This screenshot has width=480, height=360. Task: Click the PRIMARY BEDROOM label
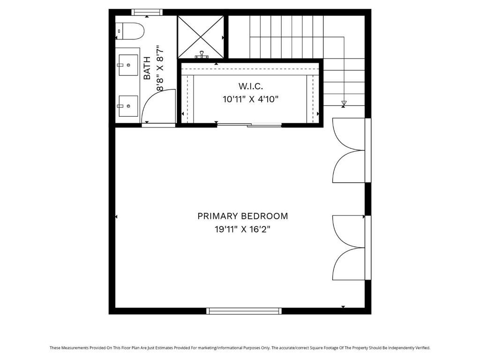pos(242,216)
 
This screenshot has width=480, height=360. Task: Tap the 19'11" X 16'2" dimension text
pos(242,230)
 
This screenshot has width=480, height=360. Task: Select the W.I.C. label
pos(251,86)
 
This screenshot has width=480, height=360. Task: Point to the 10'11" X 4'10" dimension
pos(251,99)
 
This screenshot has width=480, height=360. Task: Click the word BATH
pos(147,68)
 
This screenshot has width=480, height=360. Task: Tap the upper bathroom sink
pos(127,65)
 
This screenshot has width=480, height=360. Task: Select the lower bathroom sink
pos(127,106)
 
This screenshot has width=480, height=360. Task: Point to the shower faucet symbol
pos(202,55)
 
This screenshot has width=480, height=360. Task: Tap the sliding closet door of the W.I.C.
pos(248,125)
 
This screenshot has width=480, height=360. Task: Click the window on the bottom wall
pos(244,311)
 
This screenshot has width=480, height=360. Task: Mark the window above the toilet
pos(147,12)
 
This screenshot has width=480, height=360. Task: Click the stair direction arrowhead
pos(344,103)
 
